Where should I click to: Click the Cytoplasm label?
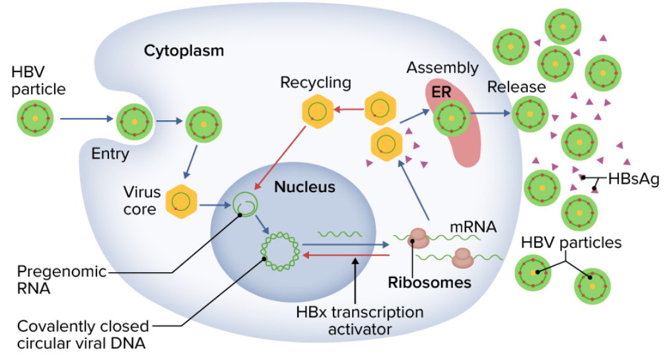point(184,50)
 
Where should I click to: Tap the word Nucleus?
point(304,187)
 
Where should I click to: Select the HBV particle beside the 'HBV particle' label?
point(35,120)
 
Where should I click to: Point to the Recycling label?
point(316,83)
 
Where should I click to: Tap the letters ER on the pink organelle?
point(441,92)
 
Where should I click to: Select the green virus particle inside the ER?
point(451,118)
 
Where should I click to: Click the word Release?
point(516,87)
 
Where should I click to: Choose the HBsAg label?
point(633,178)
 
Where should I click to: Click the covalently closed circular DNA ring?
point(281,252)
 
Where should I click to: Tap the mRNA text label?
point(473,227)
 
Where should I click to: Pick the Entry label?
point(110,154)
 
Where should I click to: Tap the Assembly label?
point(442,67)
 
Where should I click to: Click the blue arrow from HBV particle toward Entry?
point(86,120)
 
